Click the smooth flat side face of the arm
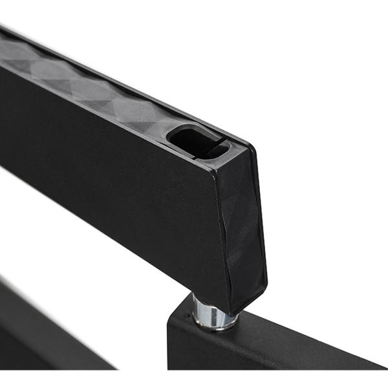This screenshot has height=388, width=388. pos(116,168)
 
